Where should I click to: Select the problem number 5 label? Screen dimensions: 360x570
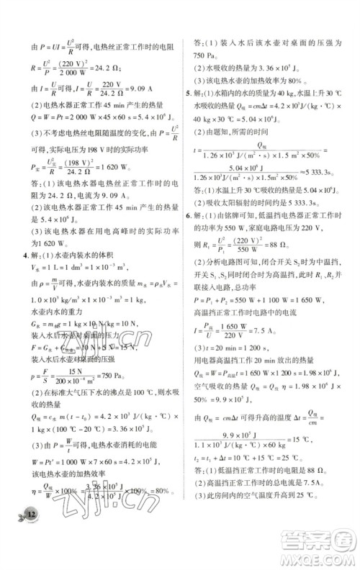coord(189,92)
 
